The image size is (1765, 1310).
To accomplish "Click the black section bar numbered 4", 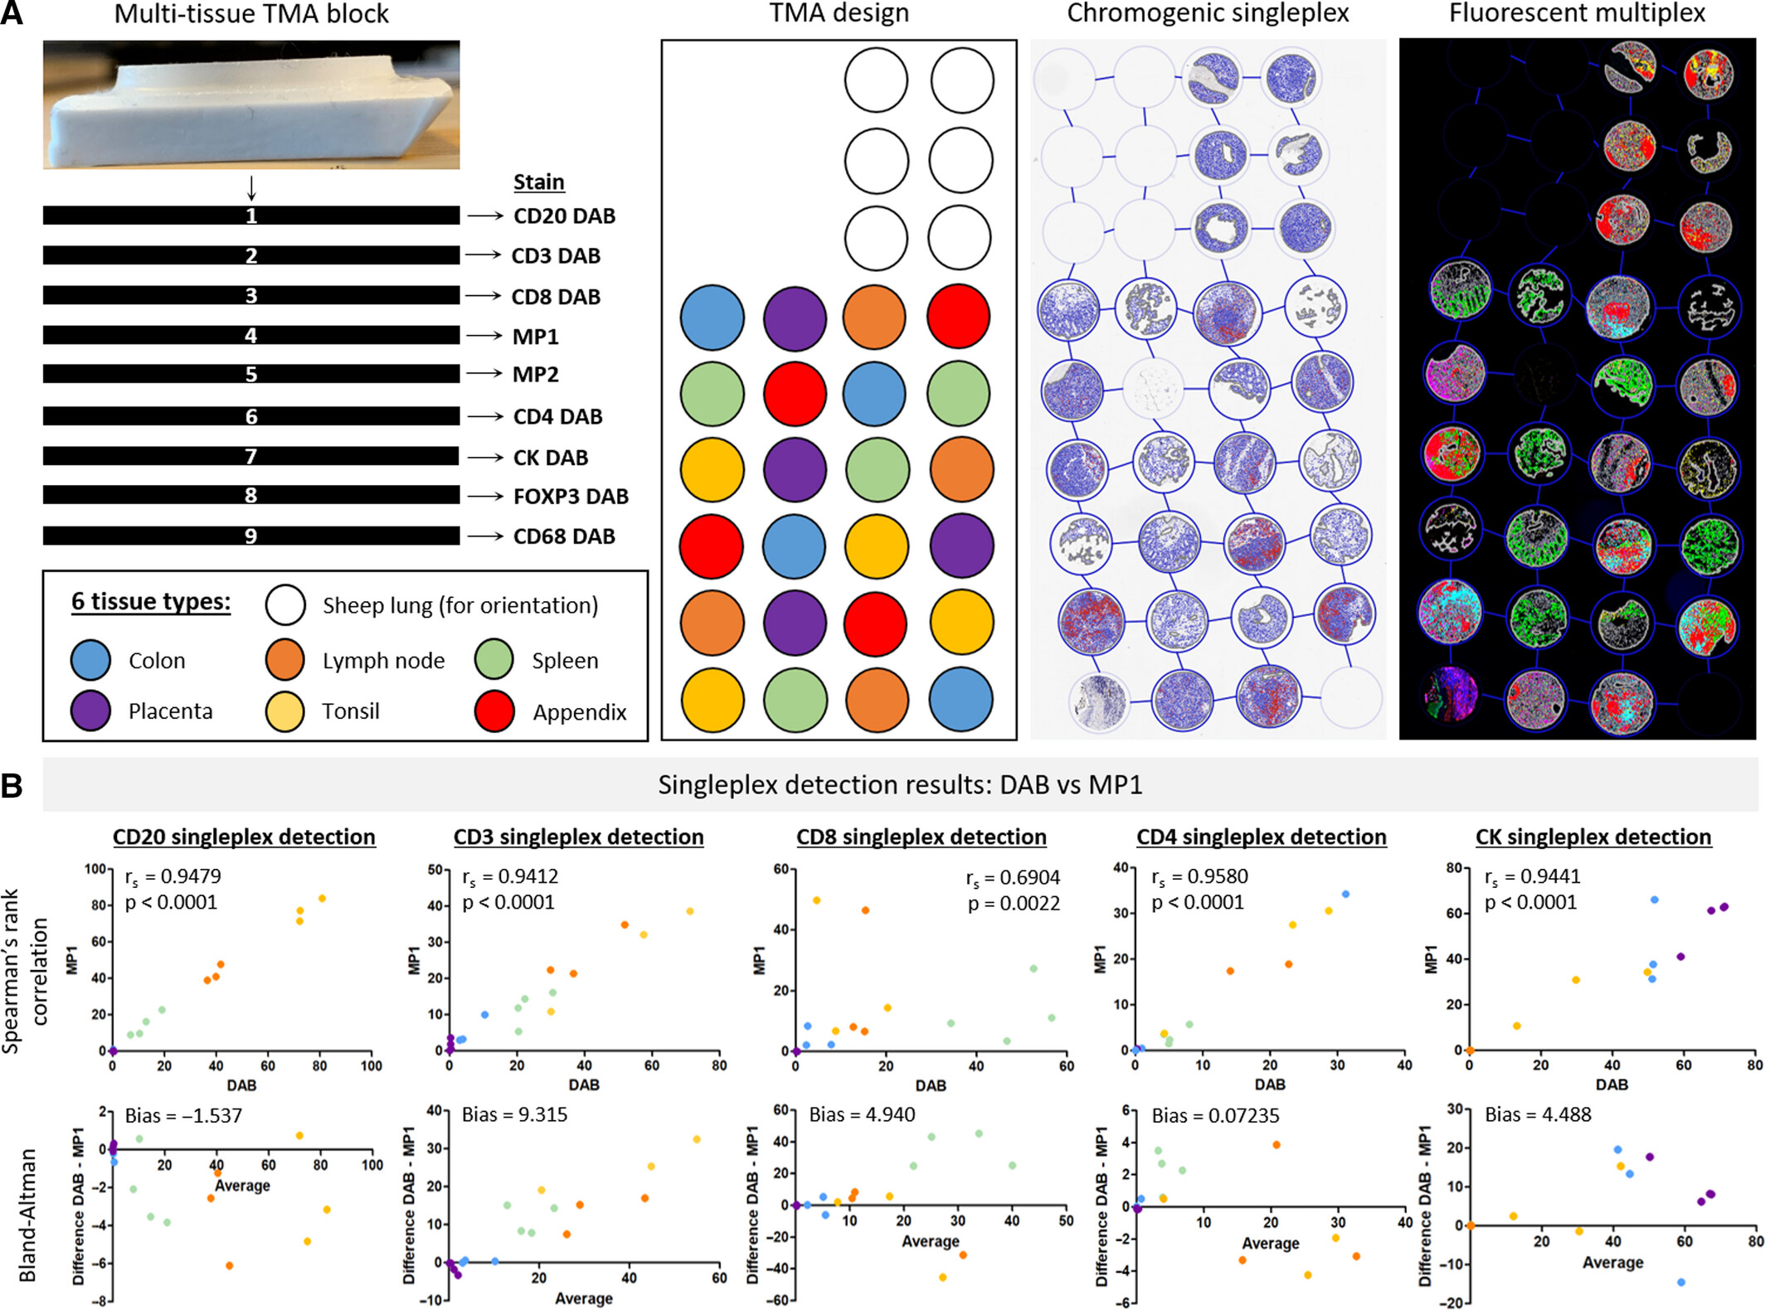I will click(250, 335).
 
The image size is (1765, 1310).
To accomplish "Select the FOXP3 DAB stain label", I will click(571, 496).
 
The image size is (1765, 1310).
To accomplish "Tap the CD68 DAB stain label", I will click(564, 536).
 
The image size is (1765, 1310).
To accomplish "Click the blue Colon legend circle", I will click(90, 660).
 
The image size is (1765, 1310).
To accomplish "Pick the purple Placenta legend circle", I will click(90, 711).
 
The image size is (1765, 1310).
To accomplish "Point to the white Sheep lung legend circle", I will click(285, 605).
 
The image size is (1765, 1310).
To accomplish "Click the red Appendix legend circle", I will click(494, 711).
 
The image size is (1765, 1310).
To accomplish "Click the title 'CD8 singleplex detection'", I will click(921, 837).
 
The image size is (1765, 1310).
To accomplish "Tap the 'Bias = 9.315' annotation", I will click(514, 1114).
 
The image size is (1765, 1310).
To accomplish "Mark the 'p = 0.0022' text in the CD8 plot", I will click(1014, 903).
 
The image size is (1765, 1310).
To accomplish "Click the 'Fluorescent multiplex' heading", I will click(1577, 13).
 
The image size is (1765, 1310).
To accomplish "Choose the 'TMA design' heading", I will click(839, 13).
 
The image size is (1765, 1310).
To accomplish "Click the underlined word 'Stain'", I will click(538, 182).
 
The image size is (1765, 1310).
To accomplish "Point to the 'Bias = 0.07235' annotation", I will click(1215, 1115).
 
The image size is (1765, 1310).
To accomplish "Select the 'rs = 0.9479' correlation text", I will click(173, 876).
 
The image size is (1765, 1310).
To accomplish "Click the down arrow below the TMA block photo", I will click(251, 188).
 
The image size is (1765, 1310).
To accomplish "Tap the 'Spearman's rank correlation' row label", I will click(25, 970).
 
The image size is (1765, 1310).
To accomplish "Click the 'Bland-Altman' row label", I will click(27, 1215).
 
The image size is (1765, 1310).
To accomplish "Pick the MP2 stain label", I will click(535, 374).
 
